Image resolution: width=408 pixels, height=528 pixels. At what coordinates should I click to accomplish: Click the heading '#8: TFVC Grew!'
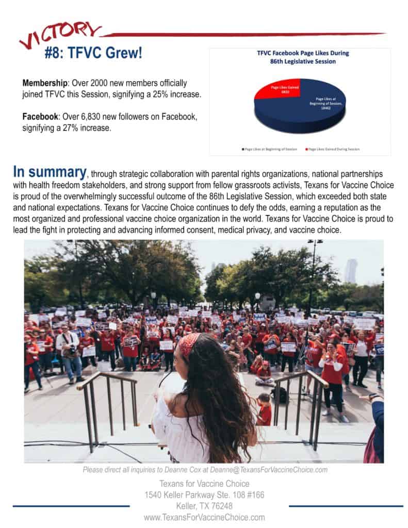click(x=93, y=53)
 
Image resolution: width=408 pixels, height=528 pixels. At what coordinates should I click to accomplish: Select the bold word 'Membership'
click(x=43, y=83)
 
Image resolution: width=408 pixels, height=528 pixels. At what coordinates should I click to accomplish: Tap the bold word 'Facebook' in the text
click(x=40, y=117)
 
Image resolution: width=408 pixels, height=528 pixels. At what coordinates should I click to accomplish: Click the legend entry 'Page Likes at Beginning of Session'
click(x=270, y=149)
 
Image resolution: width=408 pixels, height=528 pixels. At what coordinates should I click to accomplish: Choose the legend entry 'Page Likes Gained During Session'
click(x=333, y=149)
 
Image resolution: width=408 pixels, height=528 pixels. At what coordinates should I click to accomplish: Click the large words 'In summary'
click(x=50, y=172)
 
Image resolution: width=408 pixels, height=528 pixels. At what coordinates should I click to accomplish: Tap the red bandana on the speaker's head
click(x=189, y=344)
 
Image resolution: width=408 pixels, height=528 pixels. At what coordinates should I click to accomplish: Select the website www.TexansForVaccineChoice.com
click(x=204, y=517)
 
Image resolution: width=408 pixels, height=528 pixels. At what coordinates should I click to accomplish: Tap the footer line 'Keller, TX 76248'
click(x=204, y=506)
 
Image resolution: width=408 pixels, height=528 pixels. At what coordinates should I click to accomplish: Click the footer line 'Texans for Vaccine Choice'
click(x=204, y=484)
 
